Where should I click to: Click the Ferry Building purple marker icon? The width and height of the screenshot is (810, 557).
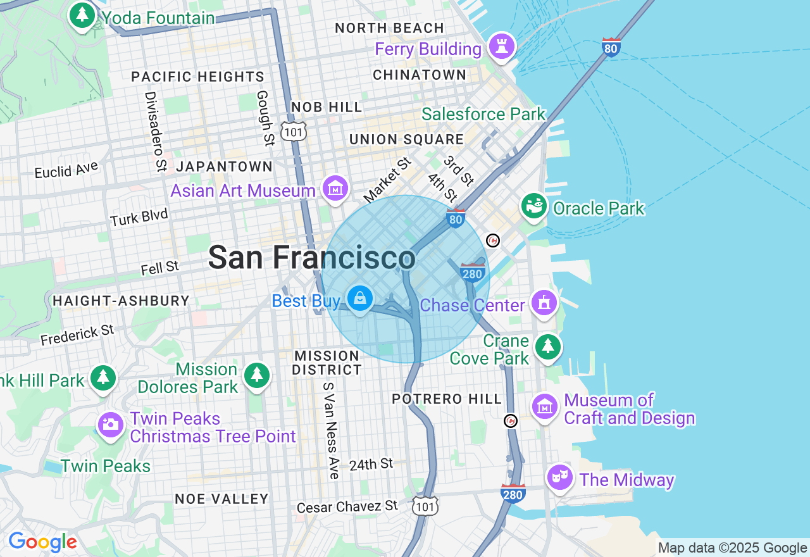click(x=502, y=46)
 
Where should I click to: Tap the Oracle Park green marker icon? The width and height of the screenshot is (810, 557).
click(x=534, y=206)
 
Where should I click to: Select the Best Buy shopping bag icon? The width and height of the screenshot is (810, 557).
click(x=360, y=297)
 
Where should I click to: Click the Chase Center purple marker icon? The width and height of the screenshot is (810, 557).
click(x=544, y=303)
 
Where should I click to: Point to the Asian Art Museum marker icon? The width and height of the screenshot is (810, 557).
click(x=335, y=188)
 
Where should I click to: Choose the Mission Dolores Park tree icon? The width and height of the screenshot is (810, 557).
click(x=256, y=375)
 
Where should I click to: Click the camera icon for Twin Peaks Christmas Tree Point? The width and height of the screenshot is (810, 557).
click(x=111, y=424)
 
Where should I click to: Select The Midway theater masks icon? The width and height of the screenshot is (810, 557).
click(x=560, y=477)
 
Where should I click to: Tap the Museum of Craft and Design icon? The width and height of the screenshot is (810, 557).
click(x=544, y=406)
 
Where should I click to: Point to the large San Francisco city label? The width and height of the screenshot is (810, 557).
click(x=311, y=258)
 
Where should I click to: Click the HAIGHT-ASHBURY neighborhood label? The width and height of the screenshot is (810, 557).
click(x=121, y=301)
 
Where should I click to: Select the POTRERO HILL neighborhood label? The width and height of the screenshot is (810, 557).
click(x=447, y=399)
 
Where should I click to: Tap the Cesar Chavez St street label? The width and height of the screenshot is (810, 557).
click(x=347, y=506)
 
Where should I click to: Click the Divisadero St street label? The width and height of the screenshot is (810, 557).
click(x=155, y=132)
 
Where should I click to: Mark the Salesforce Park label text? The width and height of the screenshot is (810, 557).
click(x=483, y=114)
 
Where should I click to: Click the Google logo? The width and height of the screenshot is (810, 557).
click(x=42, y=542)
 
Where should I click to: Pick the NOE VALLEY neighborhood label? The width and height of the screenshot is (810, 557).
click(x=221, y=499)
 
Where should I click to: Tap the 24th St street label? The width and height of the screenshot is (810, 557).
click(x=371, y=465)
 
